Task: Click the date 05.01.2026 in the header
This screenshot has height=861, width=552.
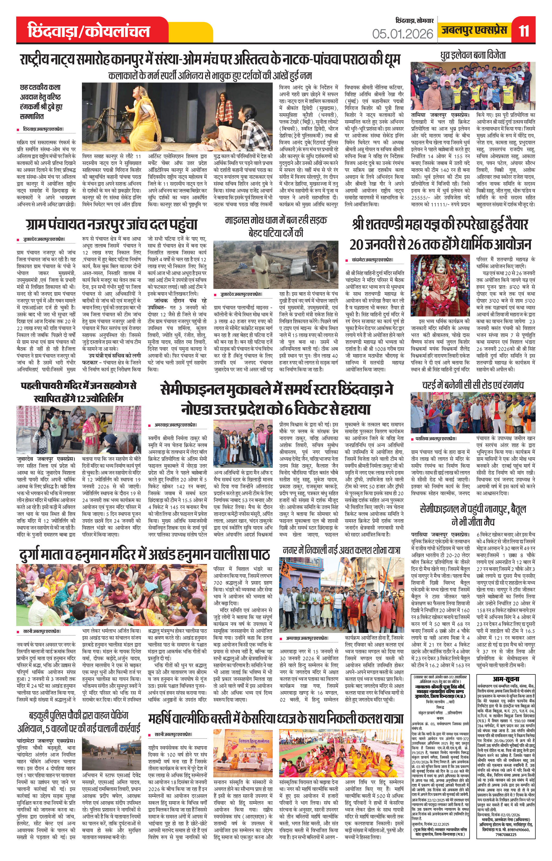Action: (402, 34)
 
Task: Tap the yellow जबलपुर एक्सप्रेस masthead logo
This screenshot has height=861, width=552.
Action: (474, 30)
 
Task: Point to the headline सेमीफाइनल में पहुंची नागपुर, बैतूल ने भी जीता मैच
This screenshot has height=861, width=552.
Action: (473, 515)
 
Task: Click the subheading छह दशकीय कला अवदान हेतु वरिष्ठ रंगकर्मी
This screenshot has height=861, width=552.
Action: (40, 102)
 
